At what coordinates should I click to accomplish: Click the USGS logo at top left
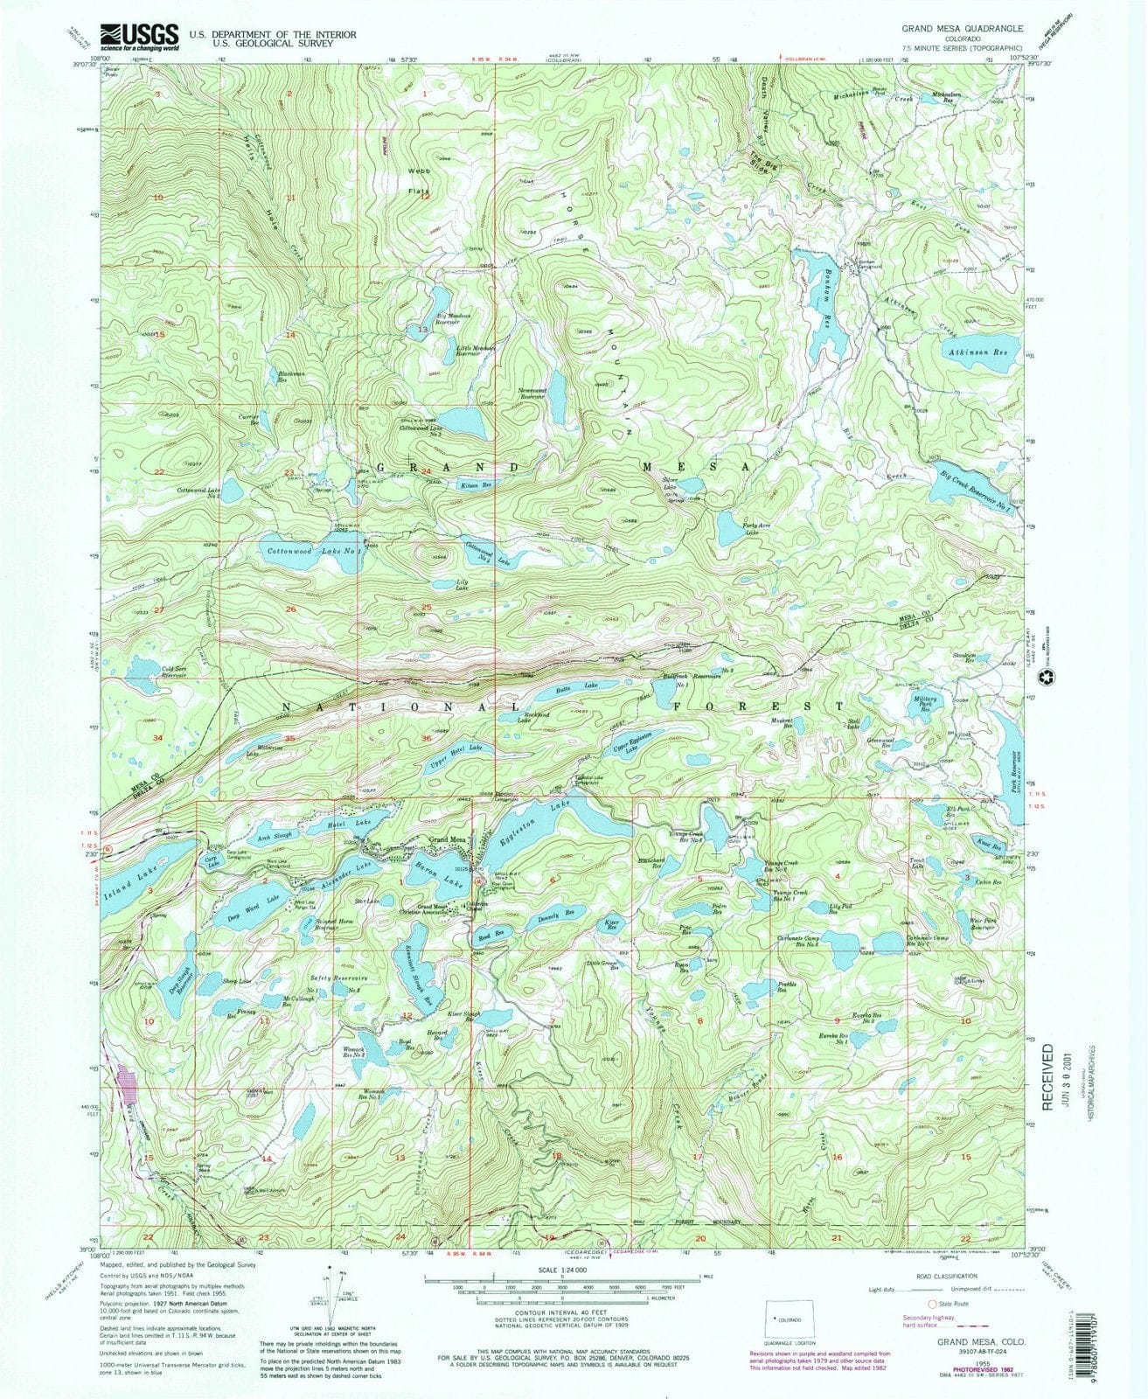point(140,36)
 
